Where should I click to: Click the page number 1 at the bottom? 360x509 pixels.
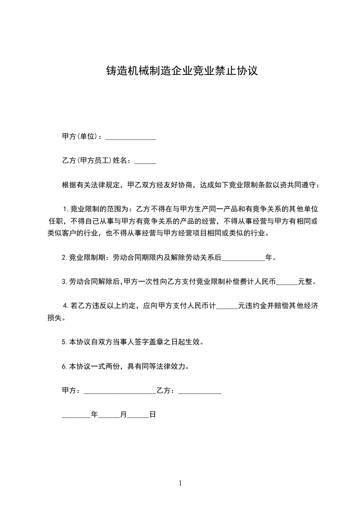click(x=180, y=483)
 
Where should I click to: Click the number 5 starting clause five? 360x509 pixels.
click(x=64, y=343)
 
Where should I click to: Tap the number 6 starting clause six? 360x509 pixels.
click(x=64, y=366)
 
